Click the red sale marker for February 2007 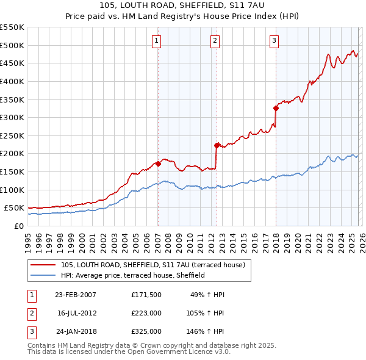[158, 164]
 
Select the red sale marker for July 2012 [217, 145]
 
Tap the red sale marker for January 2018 [276, 108]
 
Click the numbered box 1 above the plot [157, 41]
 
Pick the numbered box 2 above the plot [215, 41]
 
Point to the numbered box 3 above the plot [274, 41]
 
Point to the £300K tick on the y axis [12, 117]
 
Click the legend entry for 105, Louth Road [152, 265]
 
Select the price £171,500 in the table [146, 295]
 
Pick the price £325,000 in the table [146, 331]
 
